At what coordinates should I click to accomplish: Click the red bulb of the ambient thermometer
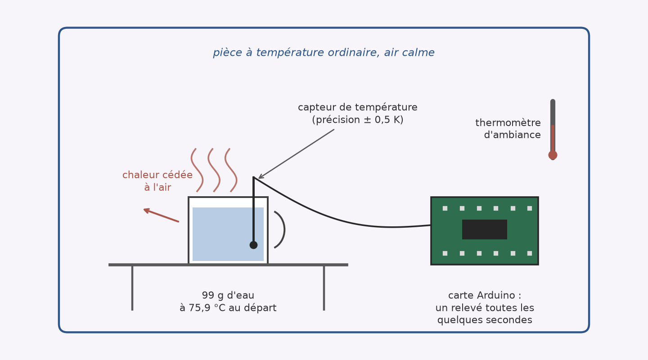pyautogui.click(x=553, y=155)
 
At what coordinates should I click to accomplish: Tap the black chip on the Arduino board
pyautogui.click(x=485, y=229)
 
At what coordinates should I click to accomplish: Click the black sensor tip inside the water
pyautogui.click(x=253, y=245)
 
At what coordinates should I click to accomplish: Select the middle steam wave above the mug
pyautogui.click(x=214, y=170)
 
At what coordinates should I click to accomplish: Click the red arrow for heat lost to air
pyautogui.click(x=161, y=215)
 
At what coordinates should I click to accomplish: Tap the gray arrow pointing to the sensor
pyautogui.click(x=296, y=154)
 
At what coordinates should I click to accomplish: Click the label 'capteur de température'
pyautogui.click(x=358, y=108)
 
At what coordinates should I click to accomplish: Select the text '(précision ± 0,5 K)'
pyautogui.click(x=358, y=120)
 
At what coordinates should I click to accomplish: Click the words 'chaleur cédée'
pyautogui.click(x=157, y=175)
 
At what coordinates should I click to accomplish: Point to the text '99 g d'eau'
pyautogui.click(x=228, y=296)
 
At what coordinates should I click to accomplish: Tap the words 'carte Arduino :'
pyautogui.click(x=485, y=296)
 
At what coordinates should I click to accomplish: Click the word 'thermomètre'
pyautogui.click(x=508, y=123)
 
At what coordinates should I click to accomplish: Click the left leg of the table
pyautogui.click(x=132, y=288)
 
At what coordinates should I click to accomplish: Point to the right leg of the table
pyautogui.click(x=324, y=288)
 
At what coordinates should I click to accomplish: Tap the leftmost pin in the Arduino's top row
pyautogui.click(x=445, y=208)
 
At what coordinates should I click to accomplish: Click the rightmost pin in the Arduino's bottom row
pyautogui.click(x=530, y=253)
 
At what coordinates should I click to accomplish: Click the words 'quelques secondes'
pyautogui.click(x=485, y=320)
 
